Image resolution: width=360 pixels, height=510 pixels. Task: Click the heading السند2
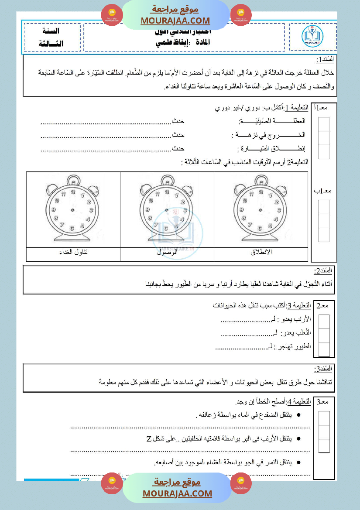point(323,271)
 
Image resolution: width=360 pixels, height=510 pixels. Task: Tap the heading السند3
point(323,369)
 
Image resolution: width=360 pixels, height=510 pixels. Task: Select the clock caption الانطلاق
point(261,253)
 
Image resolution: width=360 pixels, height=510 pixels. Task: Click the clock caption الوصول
point(167,253)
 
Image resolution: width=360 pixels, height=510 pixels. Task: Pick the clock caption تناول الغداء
point(73,253)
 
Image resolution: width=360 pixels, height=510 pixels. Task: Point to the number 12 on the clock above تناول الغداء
point(72,192)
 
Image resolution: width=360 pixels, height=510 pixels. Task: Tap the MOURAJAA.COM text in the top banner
point(175,21)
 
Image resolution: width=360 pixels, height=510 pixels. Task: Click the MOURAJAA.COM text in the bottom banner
point(177,493)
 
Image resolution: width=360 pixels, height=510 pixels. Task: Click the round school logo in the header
point(313,37)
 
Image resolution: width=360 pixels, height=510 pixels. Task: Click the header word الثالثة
point(51,44)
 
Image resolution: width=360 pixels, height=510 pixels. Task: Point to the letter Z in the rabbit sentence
point(149,438)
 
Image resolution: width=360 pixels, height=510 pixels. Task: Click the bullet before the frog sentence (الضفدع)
point(298,414)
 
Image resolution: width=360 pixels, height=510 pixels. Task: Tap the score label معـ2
point(324,306)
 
